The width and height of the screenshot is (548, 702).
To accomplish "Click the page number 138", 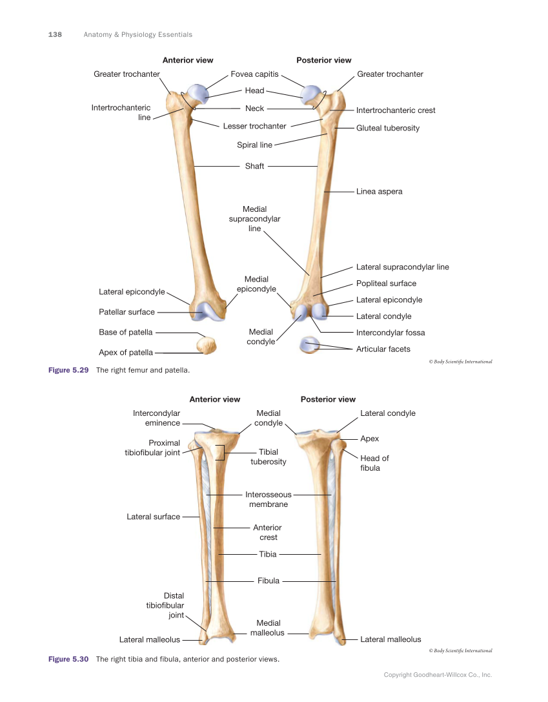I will tap(55, 35).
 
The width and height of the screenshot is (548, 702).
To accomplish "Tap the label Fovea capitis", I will tap(254, 74).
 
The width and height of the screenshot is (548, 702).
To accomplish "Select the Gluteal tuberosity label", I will tap(387, 129).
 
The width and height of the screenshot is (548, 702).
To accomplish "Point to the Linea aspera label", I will tap(379, 192).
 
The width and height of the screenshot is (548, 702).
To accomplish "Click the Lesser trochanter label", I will tap(254, 127).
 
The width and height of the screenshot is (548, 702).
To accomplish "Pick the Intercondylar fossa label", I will tap(390, 333).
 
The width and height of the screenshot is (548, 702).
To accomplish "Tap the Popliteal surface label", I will tap(386, 284).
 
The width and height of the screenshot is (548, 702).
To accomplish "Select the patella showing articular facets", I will tap(310, 345).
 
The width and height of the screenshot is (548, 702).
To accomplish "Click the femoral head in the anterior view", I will tap(198, 94).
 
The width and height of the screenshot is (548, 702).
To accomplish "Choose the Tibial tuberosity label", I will tap(268, 457).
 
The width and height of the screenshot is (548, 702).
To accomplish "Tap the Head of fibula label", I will tap(374, 463).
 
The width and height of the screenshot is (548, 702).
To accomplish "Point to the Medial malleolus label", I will tap(267, 628).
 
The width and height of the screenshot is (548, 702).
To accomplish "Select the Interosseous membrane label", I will tap(268, 499).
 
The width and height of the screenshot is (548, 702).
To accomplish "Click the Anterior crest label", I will tap(268, 533).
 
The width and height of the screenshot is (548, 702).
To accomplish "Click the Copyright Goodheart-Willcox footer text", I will tap(438, 675).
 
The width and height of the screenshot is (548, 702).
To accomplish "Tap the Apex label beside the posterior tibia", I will tap(369, 439).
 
